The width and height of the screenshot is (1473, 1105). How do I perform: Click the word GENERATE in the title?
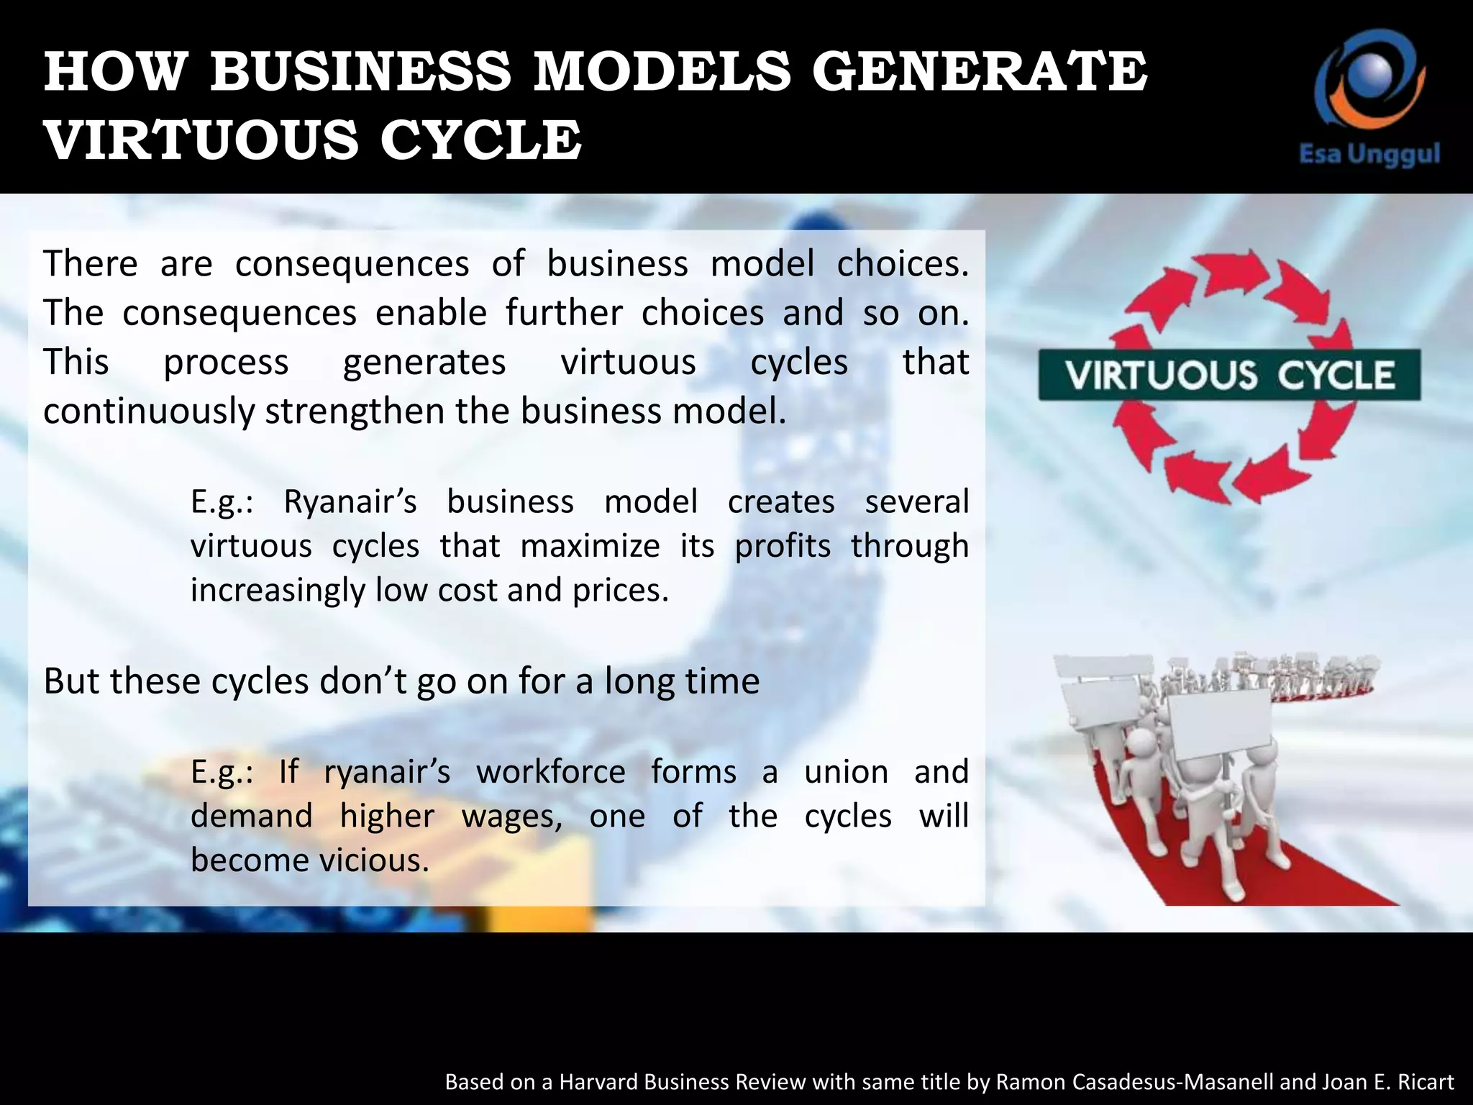tap(980, 72)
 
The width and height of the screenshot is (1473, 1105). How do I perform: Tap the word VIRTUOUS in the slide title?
tap(201, 140)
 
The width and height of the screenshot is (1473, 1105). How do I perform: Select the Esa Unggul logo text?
tap(1369, 154)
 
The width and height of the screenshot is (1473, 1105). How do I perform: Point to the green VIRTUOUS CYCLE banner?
tap(1229, 375)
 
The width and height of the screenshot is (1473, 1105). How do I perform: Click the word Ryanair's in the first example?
tap(350, 501)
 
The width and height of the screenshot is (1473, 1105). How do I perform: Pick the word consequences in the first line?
tap(352, 263)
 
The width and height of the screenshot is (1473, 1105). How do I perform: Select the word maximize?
tap(590, 546)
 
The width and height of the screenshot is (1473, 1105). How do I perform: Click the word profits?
tap(783, 546)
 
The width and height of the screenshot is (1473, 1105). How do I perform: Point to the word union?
tap(846, 772)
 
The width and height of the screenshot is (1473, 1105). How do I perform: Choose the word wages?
tap(511, 817)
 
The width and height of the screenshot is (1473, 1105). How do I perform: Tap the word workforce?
tap(550, 772)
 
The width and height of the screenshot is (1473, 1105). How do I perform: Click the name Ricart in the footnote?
tap(1426, 1082)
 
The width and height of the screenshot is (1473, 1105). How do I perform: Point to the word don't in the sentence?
tap(363, 681)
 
